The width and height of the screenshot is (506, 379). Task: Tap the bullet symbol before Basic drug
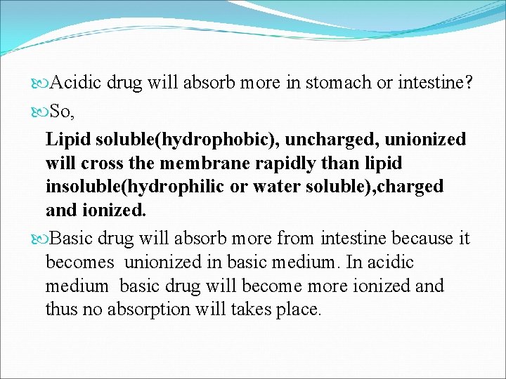coord(38,239)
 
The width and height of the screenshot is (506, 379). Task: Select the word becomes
coord(79,262)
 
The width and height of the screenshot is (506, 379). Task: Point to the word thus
coord(60,310)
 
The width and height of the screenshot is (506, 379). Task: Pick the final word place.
coord(299,310)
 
